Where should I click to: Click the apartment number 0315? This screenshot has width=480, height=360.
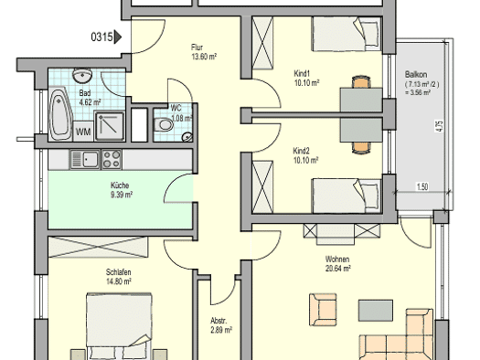pyautogui.click(x=101, y=37)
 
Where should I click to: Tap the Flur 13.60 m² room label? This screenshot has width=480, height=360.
pyautogui.click(x=204, y=52)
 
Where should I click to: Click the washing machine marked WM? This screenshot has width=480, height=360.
pyautogui.click(x=83, y=132)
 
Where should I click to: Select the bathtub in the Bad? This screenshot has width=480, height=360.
pyautogui.click(x=60, y=114)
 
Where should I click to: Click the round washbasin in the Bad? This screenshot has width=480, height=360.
pyautogui.click(x=82, y=75)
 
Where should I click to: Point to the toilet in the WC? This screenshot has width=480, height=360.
pyautogui.click(x=163, y=125)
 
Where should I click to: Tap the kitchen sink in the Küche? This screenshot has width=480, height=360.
pyautogui.click(x=85, y=159)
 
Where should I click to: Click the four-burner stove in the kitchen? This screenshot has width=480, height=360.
pyautogui.click(x=112, y=159)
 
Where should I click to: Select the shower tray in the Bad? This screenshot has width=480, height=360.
pyautogui.click(x=110, y=126)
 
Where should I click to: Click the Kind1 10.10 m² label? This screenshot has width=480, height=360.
pyautogui.click(x=306, y=79)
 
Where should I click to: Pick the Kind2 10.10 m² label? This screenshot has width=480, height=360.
pyautogui.click(x=306, y=155)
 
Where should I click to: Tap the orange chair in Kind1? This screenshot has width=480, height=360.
pyautogui.click(x=361, y=82)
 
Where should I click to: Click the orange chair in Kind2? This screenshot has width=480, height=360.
pyautogui.click(x=361, y=148)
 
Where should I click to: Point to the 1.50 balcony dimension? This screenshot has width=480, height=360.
pyautogui.click(x=422, y=186)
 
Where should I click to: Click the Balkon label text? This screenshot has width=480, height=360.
pyautogui.click(x=416, y=74)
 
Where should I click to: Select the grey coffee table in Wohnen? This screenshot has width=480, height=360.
pyautogui.click(x=376, y=311)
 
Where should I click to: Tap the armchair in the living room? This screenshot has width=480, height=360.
pyautogui.click(x=323, y=310)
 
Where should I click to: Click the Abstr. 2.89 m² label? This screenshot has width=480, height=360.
pyautogui.click(x=221, y=325)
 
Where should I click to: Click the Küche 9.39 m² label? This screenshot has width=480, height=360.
pyautogui.click(x=122, y=190)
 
